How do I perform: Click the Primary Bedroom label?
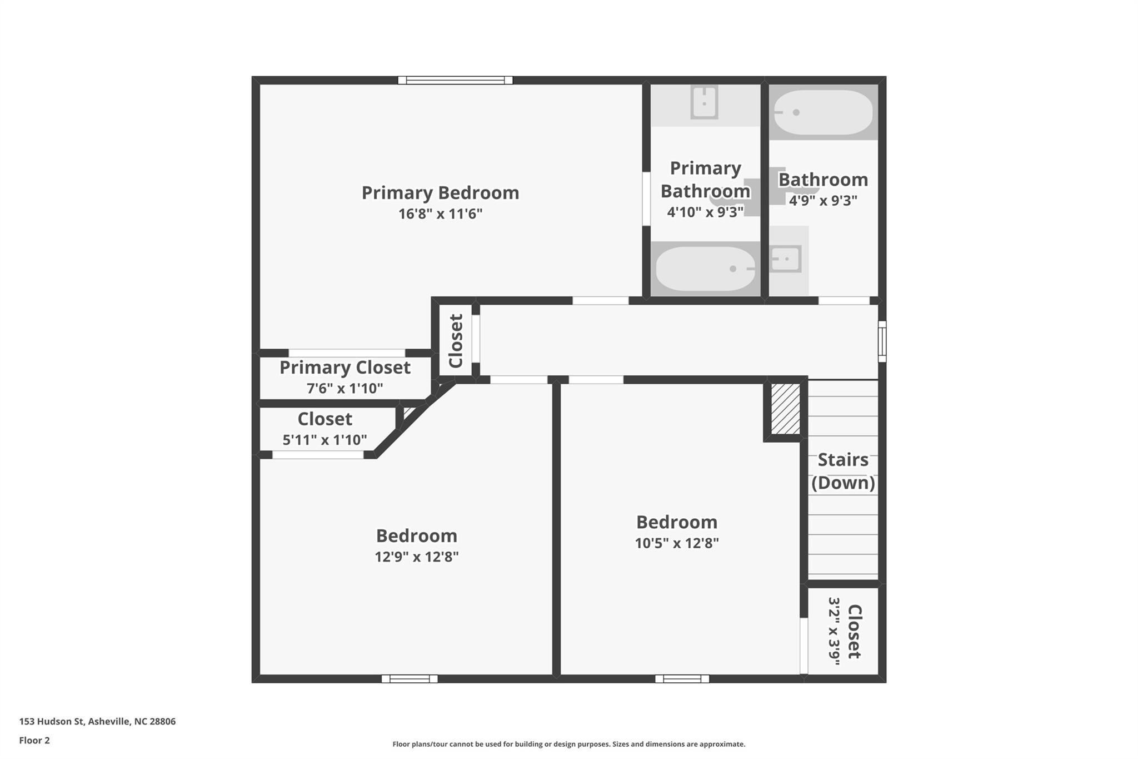440,193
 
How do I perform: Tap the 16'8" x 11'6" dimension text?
440,214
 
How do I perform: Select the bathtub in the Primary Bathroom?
705,269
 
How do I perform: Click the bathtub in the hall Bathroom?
823,112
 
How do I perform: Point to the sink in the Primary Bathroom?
704,103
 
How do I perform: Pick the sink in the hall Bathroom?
786,259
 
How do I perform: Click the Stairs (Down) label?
843,471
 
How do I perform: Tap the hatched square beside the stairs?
786,409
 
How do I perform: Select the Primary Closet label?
345,368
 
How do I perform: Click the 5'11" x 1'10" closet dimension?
325,440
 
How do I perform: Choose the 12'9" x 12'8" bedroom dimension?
416,557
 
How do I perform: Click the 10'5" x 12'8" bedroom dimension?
677,543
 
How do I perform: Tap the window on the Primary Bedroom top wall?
455,80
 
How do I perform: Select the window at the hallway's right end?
882,341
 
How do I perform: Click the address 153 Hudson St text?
97,722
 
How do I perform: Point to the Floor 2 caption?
34,741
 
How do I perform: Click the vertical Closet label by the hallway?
456,341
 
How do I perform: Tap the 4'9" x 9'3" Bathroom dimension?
823,201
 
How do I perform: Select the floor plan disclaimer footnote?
568,744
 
